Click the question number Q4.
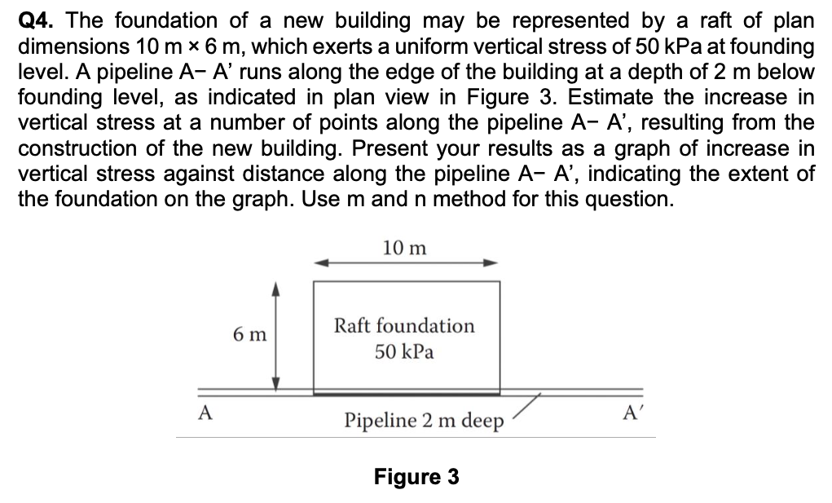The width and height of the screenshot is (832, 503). point(35,20)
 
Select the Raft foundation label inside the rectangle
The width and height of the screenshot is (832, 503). point(404,325)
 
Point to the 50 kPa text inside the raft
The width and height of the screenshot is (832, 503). point(404,352)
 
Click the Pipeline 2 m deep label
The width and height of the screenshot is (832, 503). point(423,421)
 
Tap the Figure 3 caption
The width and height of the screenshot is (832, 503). point(416,476)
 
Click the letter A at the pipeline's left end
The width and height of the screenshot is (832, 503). point(206,413)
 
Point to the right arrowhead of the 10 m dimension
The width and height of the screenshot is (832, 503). point(491,263)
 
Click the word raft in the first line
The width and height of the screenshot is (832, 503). point(707,20)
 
